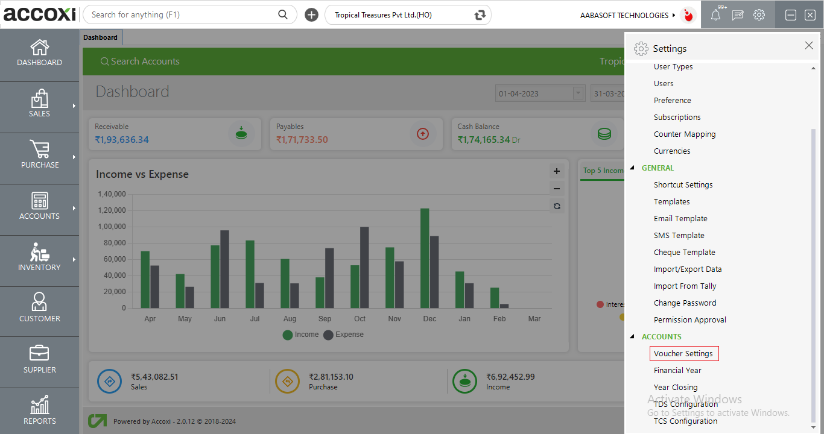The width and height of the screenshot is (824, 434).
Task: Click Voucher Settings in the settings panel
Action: tap(683, 354)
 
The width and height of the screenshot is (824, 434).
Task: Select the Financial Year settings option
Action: tap(677, 371)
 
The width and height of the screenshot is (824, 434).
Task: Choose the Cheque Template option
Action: tap(684, 253)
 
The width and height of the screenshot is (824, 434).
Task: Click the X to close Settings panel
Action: tap(809, 46)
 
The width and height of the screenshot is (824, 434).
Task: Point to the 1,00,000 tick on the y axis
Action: tap(111, 227)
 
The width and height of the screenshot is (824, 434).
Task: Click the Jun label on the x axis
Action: tap(220, 319)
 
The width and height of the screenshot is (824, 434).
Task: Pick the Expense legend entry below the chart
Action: tap(344, 335)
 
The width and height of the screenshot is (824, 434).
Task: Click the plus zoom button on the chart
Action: tap(557, 171)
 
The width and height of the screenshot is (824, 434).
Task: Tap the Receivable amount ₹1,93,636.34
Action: tap(122, 140)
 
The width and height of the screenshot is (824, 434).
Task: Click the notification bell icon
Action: tap(715, 16)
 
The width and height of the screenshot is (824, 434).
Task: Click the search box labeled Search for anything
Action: tap(181, 15)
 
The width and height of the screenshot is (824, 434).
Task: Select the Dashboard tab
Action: tap(101, 37)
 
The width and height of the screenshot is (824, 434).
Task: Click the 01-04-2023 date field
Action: tap(534, 93)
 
